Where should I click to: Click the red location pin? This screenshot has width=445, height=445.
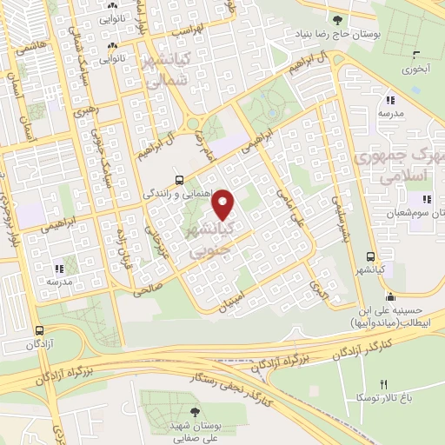pyautogui.click(x=223, y=203)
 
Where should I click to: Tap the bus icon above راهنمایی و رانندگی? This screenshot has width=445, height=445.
pyautogui.click(x=179, y=180)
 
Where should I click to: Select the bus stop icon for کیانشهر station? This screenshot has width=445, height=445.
pyautogui.click(x=371, y=256)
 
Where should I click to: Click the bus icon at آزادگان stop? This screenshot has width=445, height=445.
pyautogui.click(x=39, y=330)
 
